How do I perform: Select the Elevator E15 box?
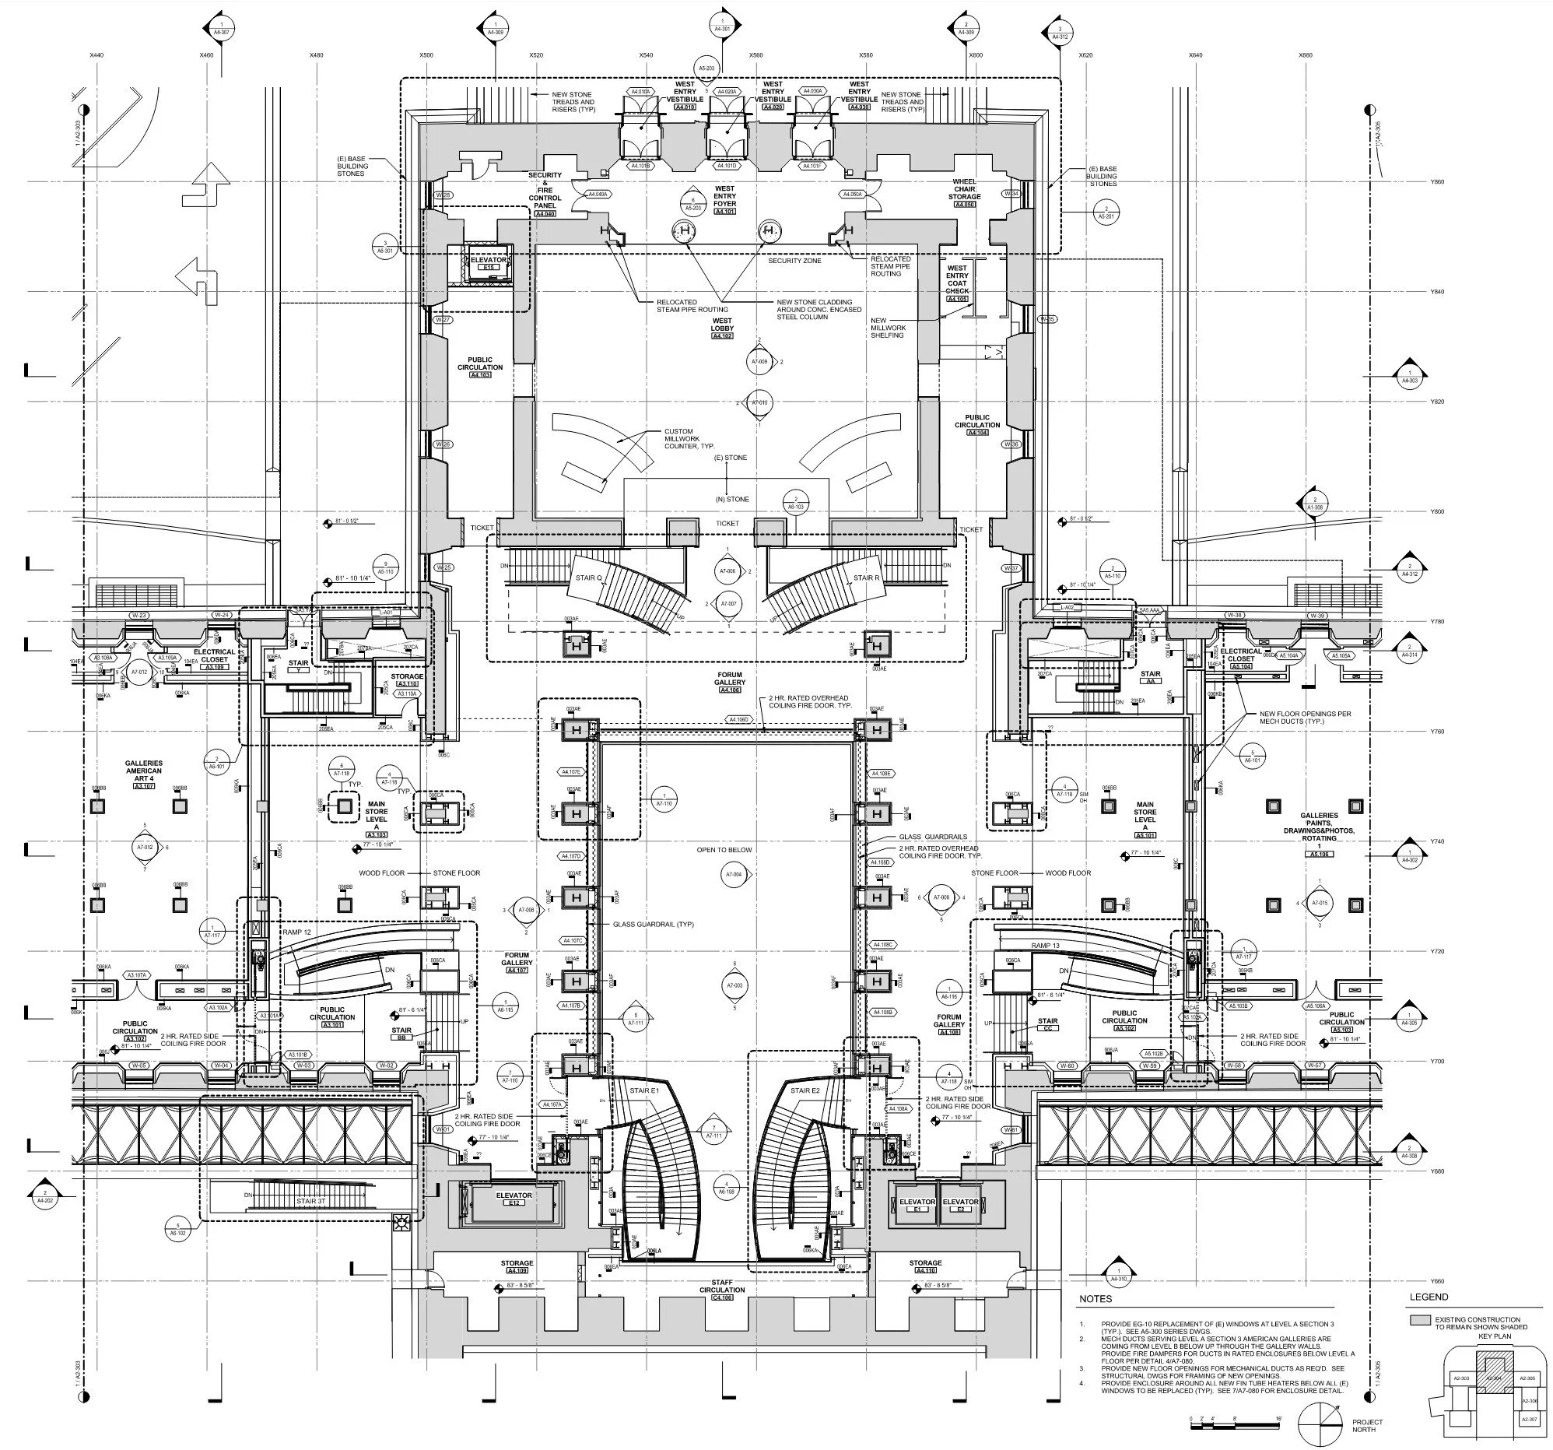(x=489, y=263)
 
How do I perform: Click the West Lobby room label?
(x=722, y=328)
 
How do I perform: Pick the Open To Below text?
(x=724, y=850)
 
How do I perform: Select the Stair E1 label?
(x=644, y=1090)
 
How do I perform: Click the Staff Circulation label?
(x=722, y=1286)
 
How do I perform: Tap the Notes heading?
(x=1095, y=1300)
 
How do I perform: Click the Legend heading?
(x=1429, y=1297)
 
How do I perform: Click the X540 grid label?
(x=645, y=55)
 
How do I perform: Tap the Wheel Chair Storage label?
(x=965, y=190)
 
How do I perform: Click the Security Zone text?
(x=794, y=261)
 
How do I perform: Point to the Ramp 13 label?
(x=1046, y=946)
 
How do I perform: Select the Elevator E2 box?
(x=960, y=1206)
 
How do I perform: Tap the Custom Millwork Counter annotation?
(x=678, y=438)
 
